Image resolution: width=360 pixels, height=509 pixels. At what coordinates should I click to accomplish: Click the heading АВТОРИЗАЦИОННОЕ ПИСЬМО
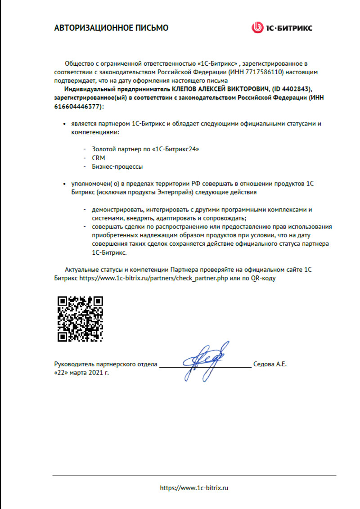(111, 28)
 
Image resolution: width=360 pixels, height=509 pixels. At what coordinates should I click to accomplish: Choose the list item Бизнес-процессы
(117, 167)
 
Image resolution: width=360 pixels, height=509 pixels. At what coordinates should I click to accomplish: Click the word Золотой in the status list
(104, 149)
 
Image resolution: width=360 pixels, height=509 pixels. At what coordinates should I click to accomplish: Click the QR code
(81, 319)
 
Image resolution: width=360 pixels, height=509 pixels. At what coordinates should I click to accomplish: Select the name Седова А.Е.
(270, 364)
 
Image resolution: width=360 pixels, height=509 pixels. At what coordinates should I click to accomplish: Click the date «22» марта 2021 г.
(81, 373)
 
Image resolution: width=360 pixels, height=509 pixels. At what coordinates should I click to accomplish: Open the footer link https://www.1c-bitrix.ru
(194, 488)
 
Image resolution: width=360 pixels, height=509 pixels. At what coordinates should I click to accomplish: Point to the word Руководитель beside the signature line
(73, 364)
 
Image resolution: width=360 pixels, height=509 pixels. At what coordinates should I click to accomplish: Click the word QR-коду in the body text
(261, 279)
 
